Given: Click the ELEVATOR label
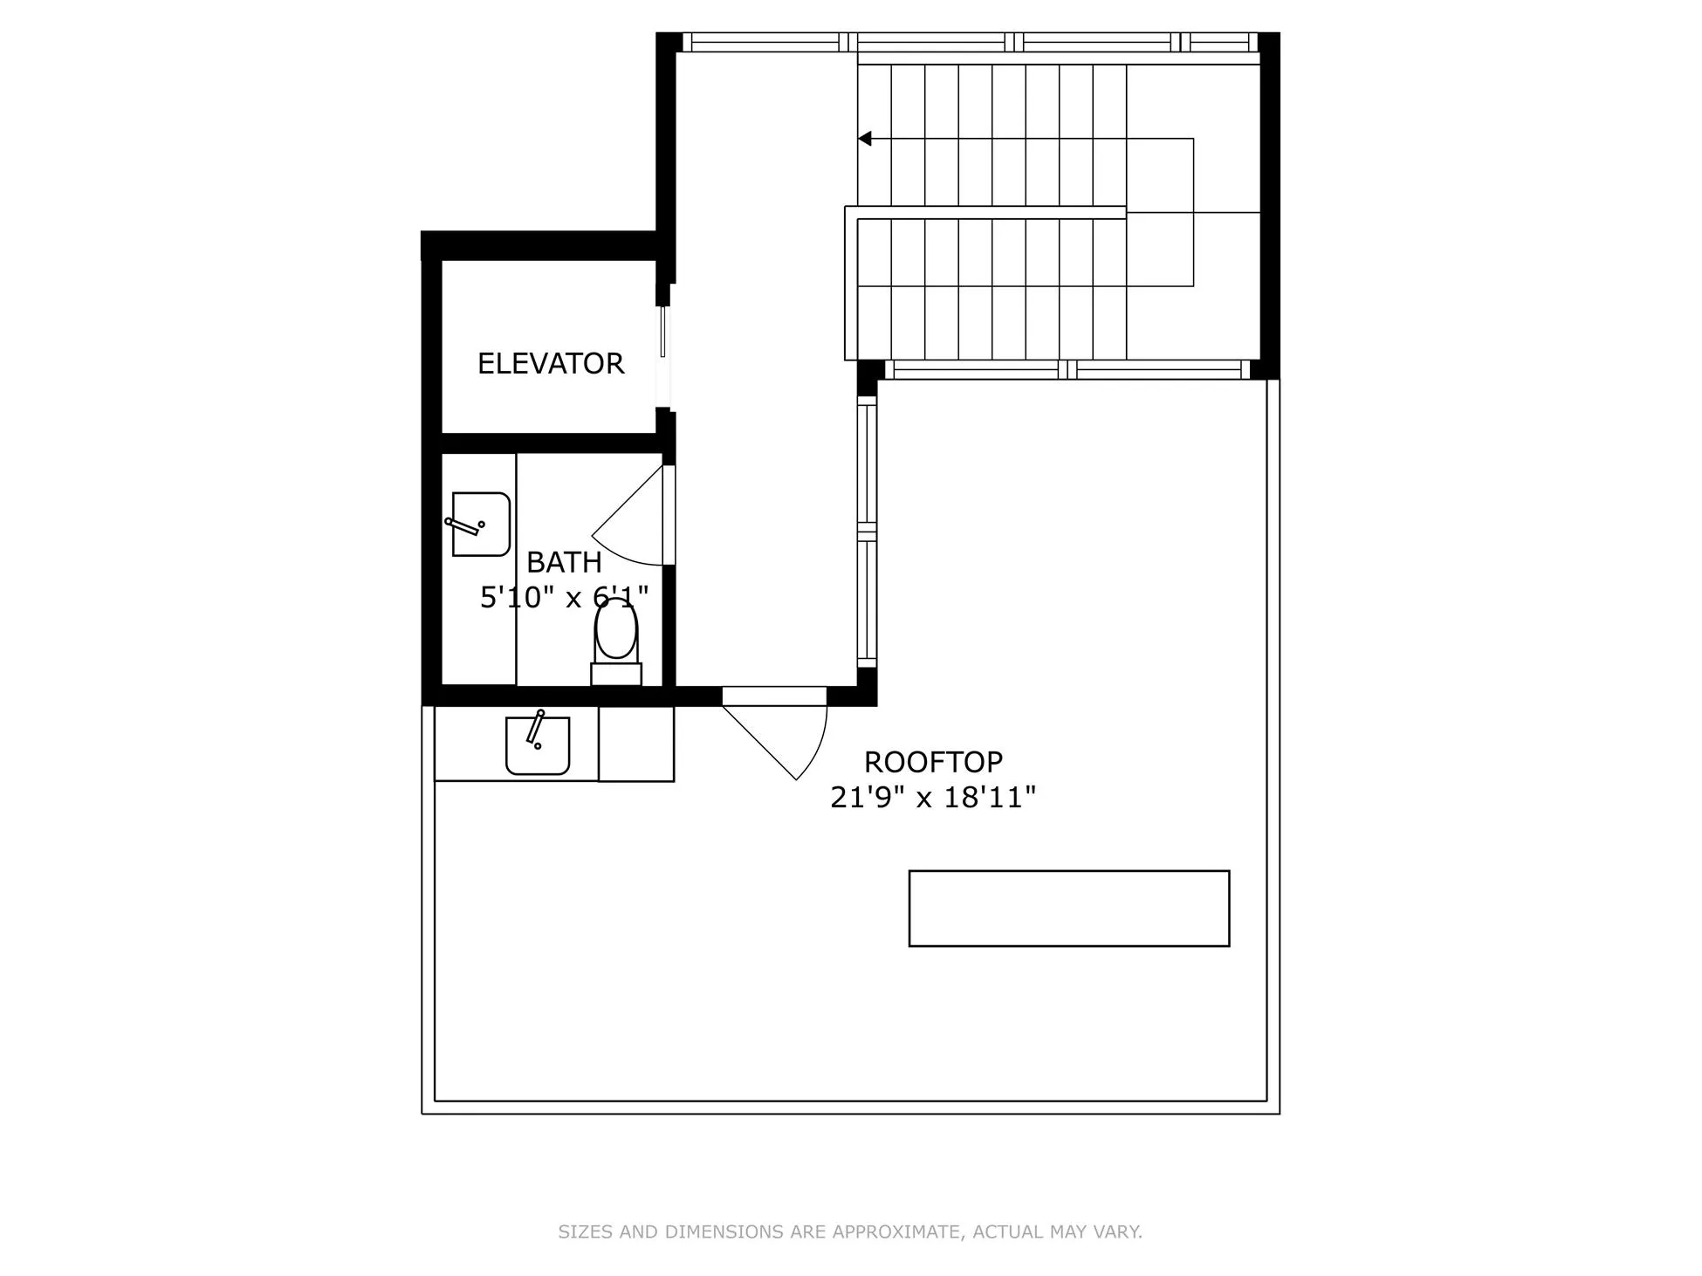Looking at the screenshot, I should tap(550, 363).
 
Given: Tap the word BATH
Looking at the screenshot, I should tap(564, 562).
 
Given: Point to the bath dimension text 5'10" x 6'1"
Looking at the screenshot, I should tap(564, 598).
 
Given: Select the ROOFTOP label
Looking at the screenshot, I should tap(933, 762).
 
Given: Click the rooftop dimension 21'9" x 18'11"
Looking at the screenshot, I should tap(932, 797).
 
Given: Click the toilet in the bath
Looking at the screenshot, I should tap(616, 630).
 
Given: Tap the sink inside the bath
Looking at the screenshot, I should tap(481, 524).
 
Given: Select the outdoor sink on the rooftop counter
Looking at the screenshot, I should tap(538, 745).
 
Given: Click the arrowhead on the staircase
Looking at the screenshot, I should tap(865, 139).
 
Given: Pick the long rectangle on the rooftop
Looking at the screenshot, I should tap(1068, 908).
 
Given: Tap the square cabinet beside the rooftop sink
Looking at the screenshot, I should tap(635, 744).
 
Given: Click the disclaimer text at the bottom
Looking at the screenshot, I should tap(850, 1231).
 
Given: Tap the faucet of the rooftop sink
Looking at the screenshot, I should tap(535, 727).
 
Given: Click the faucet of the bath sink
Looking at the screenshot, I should tap(463, 525).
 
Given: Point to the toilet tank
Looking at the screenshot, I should tap(616, 674).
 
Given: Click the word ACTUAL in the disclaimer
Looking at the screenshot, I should tap(1008, 1231).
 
